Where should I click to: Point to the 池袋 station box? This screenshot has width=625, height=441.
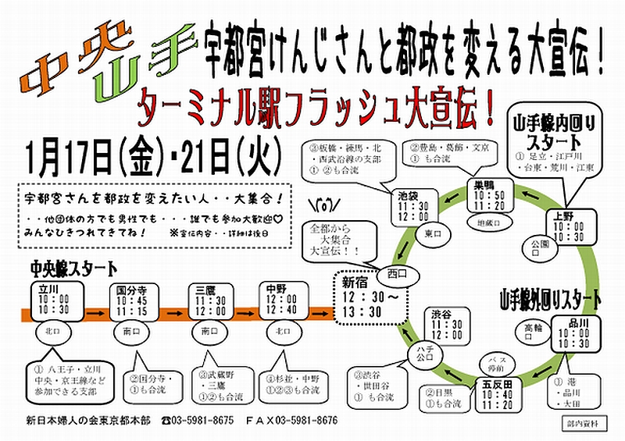[412, 204]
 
